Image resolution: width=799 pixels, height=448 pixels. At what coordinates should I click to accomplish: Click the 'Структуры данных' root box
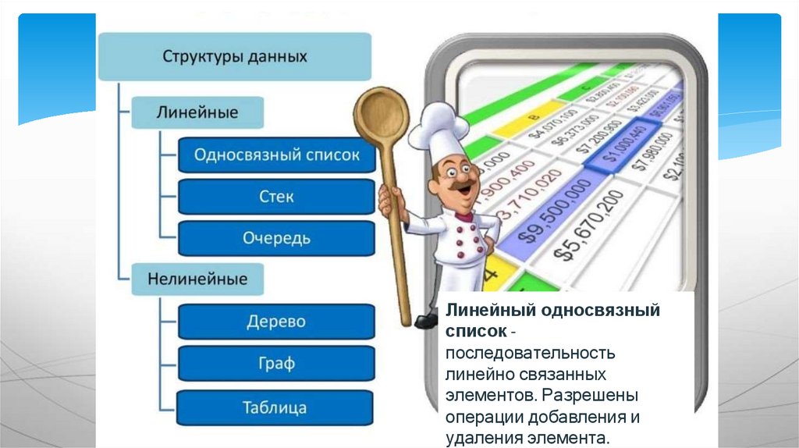[234, 57]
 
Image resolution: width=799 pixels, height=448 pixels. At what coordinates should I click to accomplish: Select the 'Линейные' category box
[197, 112]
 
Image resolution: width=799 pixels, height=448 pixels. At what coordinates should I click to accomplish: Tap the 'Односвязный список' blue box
[276, 155]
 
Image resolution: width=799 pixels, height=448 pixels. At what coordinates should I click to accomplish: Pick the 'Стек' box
[276, 196]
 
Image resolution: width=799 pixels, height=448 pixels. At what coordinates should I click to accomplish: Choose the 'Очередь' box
[276, 238]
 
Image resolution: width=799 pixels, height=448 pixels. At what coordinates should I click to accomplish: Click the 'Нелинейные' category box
[197, 279]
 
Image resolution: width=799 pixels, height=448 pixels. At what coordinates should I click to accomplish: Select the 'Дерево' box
[276, 322]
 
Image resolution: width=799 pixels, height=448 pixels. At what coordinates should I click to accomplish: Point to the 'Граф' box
[276, 363]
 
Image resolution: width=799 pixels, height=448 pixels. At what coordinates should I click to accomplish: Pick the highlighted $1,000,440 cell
[620, 148]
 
